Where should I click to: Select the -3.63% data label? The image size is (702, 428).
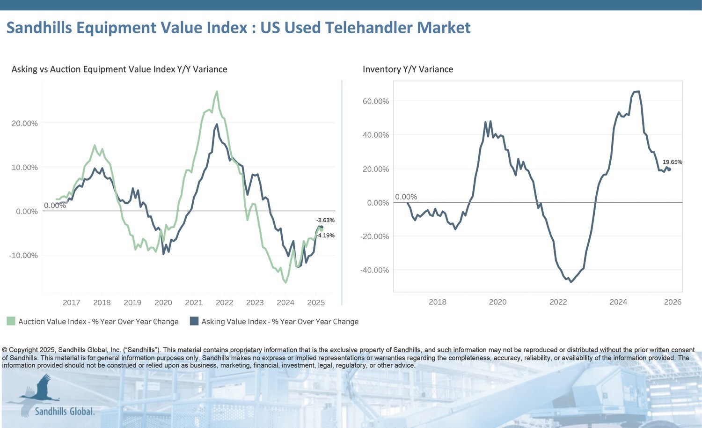tap(325, 220)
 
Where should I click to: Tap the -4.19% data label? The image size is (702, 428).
tap(325, 236)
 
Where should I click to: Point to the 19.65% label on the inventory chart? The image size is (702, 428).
tap(672, 162)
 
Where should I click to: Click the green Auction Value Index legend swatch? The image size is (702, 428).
tap(11, 321)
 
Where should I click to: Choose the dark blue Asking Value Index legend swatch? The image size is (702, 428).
tap(194, 321)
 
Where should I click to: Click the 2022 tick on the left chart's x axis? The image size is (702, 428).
tap(224, 303)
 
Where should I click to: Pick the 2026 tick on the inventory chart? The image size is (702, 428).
tap(673, 302)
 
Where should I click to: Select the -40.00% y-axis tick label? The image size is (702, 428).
tap(374, 270)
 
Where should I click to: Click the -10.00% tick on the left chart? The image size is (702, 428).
tap(23, 255)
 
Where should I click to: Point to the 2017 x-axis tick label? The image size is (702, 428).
tap(72, 303)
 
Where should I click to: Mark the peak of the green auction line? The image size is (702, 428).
tap(217, 92)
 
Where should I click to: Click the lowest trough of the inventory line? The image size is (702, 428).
tap(570, 282)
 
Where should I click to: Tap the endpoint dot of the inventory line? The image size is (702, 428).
tap(669, 170)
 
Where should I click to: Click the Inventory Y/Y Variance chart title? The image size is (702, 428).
tap(408, 69)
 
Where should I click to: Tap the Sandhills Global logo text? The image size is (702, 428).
tap(65, 412)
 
